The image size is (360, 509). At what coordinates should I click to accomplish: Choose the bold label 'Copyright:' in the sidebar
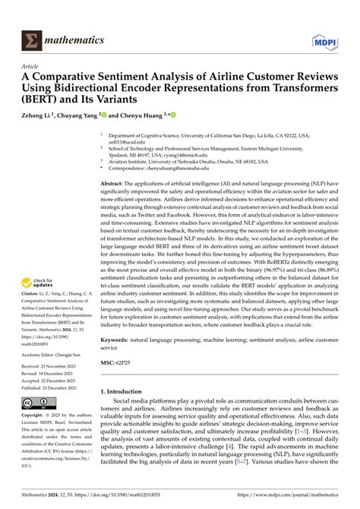(x=32, y=416)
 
